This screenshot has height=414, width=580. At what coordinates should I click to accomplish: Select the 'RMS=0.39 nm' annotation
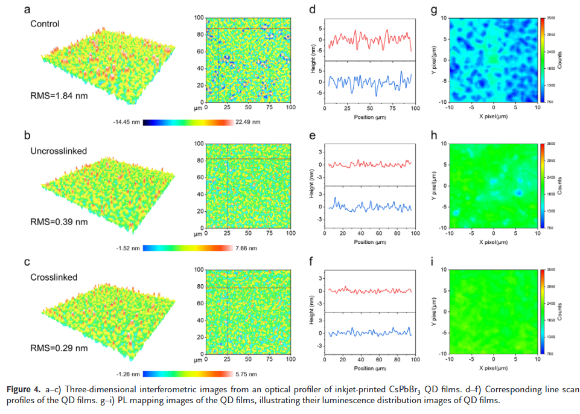(59, 221)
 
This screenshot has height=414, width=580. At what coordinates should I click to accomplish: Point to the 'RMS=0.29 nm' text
(59, 348)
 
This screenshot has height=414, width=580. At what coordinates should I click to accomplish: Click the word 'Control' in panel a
(46, 24)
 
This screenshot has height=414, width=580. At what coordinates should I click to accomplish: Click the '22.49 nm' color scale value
(248, 122)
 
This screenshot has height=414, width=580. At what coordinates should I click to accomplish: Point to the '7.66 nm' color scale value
(246, 248)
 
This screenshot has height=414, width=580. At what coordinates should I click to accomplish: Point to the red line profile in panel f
(368, 290)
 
